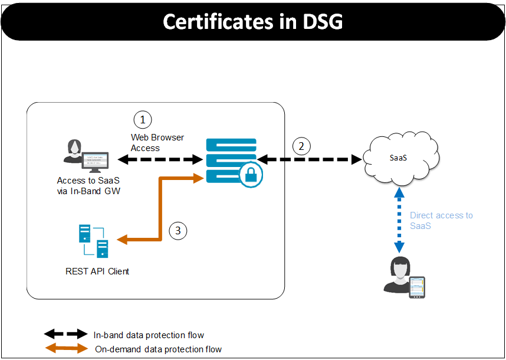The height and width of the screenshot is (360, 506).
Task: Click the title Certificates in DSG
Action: [x=252, y=21]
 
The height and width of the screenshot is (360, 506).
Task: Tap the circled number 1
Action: [x=142, y=119]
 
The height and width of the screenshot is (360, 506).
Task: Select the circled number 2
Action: [x=302, y=146]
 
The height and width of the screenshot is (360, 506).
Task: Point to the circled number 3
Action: [x=178, y=230]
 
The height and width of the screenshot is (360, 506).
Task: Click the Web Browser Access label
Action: [x=157, y=143]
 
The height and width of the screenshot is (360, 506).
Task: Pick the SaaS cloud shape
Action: [x=400, y=158]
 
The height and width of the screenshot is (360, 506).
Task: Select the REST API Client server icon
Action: [x=94, y=241]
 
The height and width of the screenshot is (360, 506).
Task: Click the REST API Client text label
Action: [x=97, y=271]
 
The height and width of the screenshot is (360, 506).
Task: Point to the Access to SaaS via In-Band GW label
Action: [x=88, y=185]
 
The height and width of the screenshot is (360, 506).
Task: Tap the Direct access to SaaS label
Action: [x=441, y=221]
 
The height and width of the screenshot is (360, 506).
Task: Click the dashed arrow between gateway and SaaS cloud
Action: [x=310, y=159]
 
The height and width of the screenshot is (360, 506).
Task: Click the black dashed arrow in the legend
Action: [x=65, y=335]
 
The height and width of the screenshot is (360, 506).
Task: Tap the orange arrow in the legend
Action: [x=65, y=349]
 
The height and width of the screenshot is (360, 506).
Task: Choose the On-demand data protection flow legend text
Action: [x=158, y=349]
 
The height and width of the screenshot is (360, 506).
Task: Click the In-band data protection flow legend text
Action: [x=149, y=335]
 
